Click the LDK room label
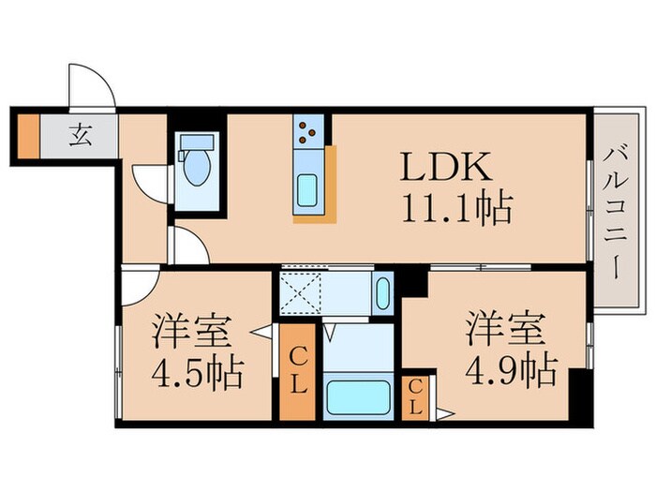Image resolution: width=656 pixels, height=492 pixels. tap(445, 168)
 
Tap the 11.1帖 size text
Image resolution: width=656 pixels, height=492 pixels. tap(457, 209)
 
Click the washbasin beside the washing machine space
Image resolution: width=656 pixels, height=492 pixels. tap(382, 294)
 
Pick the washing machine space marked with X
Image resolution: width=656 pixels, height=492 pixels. tap(303, 294)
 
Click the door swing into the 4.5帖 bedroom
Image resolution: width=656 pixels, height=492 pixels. tap(138, 284)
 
